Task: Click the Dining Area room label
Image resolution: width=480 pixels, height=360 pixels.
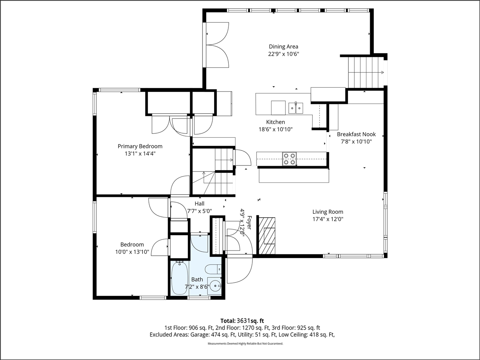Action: click(x=283, y=46)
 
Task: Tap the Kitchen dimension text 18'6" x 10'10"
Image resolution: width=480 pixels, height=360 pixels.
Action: click(x=275, y=129)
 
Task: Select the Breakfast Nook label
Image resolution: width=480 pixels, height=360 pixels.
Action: click(x=356, y=134)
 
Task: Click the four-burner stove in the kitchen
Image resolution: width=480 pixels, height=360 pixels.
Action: click(x=289, y=159)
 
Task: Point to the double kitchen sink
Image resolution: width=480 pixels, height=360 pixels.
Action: click(x=296, y=108)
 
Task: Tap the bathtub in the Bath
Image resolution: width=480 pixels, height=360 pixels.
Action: click(x=180, y=278)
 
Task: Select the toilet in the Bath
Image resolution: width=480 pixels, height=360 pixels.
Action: click(x=214, y=269)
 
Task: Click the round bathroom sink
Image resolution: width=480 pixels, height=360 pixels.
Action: click(x=215, y=286)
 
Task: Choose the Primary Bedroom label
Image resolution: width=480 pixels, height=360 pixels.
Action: click(x=140, y=146)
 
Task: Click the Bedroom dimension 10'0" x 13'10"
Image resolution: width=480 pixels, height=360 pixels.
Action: click(x=132, y=252)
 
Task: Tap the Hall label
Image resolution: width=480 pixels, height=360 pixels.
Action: click(x=199, y=204)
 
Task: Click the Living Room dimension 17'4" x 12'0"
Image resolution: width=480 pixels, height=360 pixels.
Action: click(x=328, y=219)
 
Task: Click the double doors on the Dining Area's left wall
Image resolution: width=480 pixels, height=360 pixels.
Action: click(x=217, y=45)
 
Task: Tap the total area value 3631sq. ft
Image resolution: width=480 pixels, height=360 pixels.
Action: click(x=250, y=321)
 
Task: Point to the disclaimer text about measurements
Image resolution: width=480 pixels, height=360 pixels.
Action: click(x=245, y=343)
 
